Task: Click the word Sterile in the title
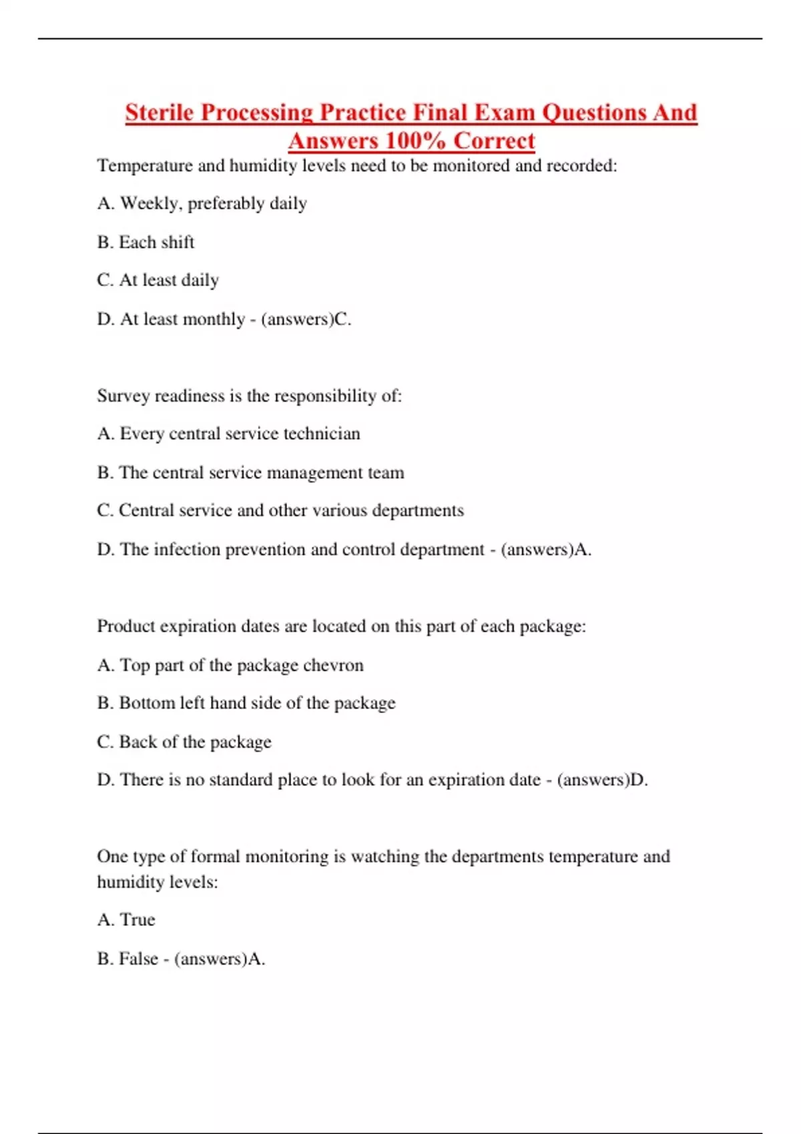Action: (160, 113)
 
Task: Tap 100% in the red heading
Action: (415, 141)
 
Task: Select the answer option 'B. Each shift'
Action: (146, 242)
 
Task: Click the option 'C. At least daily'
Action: (158, 280)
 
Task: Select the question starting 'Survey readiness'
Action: (249, 396)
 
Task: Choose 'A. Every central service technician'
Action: (228, 434)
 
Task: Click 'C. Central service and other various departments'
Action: (280, 511)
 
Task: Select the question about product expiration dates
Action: (341, 626)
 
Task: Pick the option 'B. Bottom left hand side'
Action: (246, 703)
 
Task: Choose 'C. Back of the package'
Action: (184, 742)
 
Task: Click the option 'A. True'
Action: (125, 920)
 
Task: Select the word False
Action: (138, 959)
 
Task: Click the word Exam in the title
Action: (504, 113)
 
